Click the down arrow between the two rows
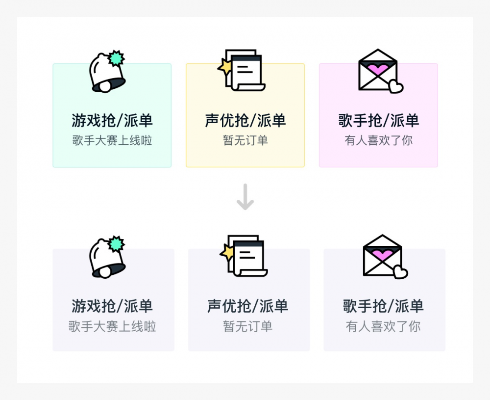click(245, 197)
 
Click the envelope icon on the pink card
click(378, 70)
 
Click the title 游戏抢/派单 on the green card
click(112, 121)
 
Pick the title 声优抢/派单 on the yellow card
click(245, 121)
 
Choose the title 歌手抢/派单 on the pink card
click(378, 121)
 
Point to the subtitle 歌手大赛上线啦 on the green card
click(112, 141)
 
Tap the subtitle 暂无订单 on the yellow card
click(245, 141)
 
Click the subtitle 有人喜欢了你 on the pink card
click(378, 141)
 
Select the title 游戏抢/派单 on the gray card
click(112, 306)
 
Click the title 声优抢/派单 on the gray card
click(248, 306)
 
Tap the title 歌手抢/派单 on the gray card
click(383, 306)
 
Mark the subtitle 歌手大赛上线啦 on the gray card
click(112, 326)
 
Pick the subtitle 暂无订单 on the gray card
click(248, 326)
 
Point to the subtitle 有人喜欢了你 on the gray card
click(383, 326)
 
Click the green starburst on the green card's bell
click(117, 58)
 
